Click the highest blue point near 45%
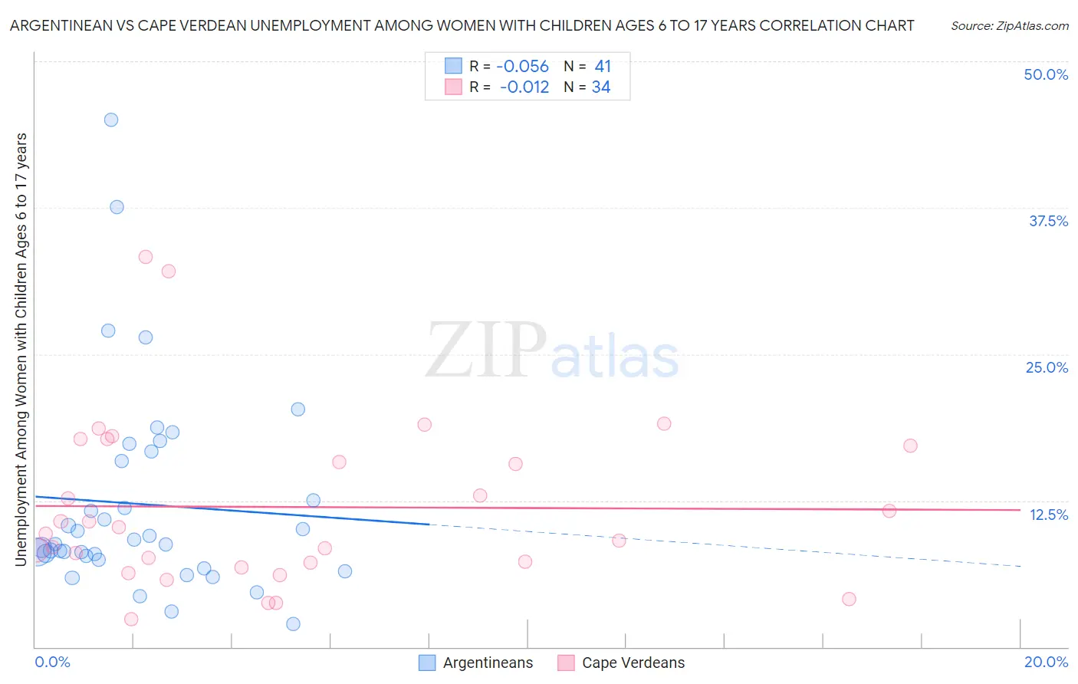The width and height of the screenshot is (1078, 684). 111,120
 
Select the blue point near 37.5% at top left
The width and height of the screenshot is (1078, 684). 117,207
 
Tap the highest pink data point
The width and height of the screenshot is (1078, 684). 146,257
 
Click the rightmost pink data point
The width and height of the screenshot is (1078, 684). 910,446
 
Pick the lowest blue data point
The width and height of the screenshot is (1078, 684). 293,624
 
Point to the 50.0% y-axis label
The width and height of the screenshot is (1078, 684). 1046,74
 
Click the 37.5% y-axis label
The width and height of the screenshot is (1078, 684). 1048,221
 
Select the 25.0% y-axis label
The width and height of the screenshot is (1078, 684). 1047,367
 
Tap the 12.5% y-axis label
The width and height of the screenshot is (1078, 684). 1048,515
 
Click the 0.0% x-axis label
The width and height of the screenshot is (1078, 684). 52,662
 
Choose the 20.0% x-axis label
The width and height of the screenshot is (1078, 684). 1046,662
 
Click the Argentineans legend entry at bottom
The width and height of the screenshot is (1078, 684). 476,663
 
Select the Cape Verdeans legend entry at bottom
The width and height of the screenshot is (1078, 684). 622,663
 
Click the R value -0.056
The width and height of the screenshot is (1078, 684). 522,67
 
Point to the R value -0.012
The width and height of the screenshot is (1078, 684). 524,87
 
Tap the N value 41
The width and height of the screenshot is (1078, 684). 603,67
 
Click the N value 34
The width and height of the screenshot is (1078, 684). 601,87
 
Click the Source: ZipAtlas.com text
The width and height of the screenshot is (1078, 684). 1009,25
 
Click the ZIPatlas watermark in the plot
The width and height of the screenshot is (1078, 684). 552,351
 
